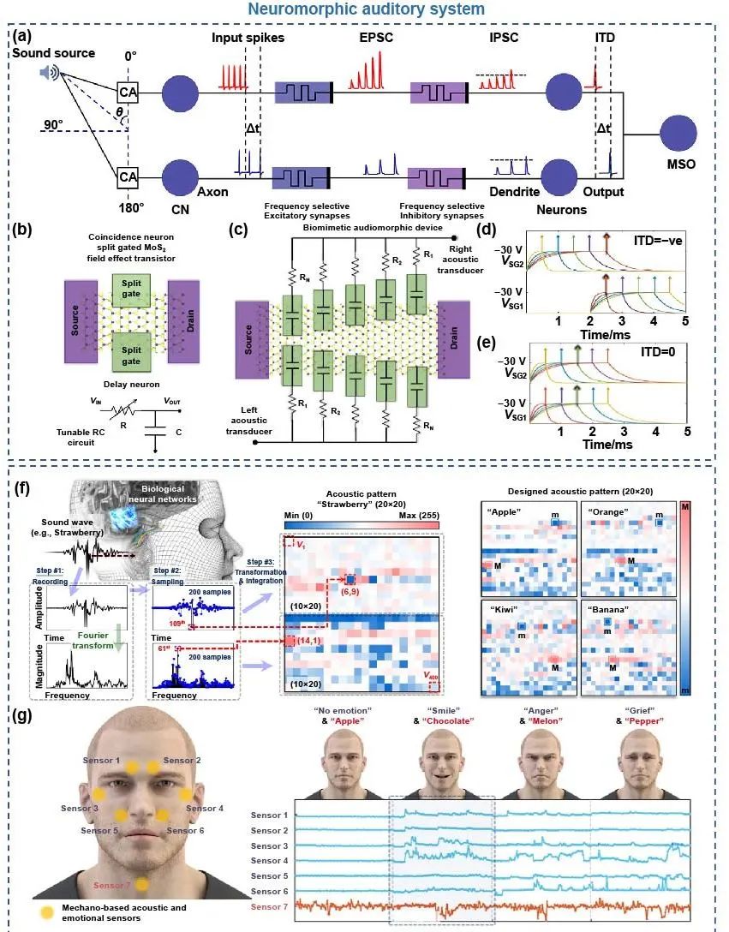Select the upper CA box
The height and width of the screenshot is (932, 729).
pos(128,91)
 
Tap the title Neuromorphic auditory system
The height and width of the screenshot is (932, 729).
pos(363,9)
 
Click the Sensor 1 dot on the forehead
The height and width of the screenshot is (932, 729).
pos(132,768)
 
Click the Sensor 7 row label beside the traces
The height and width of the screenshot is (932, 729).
pos(269,906)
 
